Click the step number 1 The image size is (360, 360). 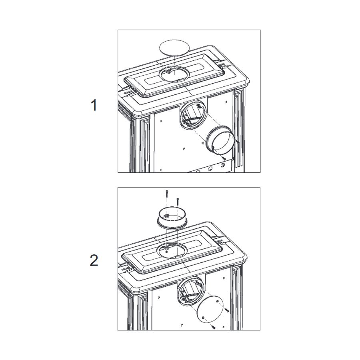(94, 105)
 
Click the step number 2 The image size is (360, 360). (94, 261)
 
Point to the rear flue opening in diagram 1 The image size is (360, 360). (193, 116)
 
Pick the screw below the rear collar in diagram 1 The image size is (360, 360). (224, 158)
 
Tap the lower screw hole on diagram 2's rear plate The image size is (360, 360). (203, 317)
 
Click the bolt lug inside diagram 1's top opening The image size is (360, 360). (168, 72)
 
